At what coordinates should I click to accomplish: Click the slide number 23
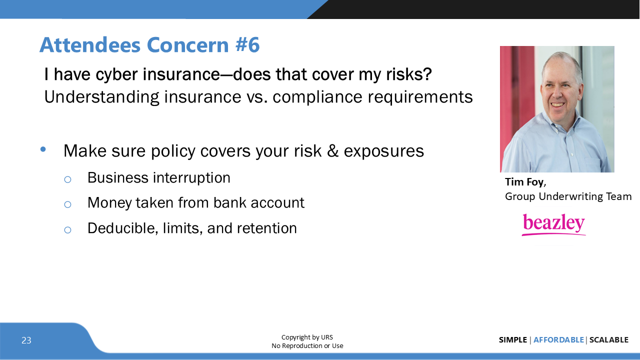26,340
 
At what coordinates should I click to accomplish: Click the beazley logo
553,224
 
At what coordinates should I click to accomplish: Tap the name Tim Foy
524,181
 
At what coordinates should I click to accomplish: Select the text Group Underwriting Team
568,196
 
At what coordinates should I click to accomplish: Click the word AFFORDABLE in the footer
558,340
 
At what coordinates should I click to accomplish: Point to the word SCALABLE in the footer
608,340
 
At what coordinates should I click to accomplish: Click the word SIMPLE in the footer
512,340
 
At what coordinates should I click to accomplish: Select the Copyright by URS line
307,337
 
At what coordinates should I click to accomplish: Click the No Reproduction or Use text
307,346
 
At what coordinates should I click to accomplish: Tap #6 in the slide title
247,45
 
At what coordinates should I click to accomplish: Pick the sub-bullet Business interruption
158,178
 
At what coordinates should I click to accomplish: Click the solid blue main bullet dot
43,149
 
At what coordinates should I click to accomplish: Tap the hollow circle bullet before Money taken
67,204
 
